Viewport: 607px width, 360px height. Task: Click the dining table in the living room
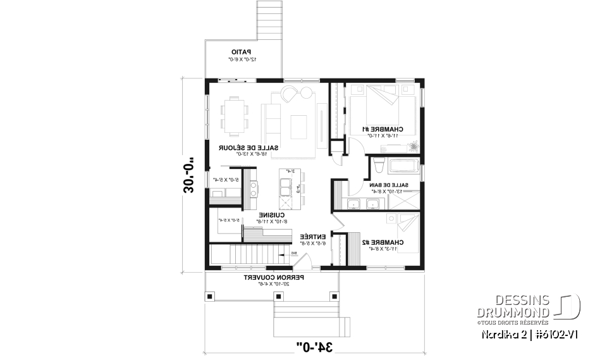[235, 116]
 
